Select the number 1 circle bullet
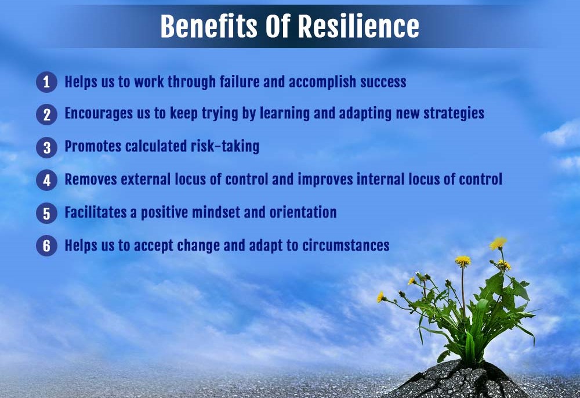click(46, 82)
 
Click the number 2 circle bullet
click(46, 114)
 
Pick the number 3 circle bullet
click(46, 147)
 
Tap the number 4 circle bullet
click(46, 180)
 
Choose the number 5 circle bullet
click(46, 213)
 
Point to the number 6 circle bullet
click(46, 246)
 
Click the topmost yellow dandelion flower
click(498, 243)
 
